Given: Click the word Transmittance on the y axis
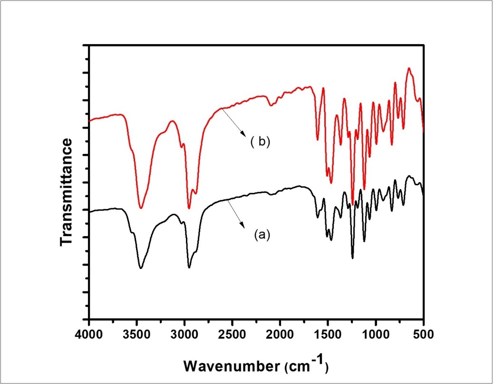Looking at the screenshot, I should pos(67,192).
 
